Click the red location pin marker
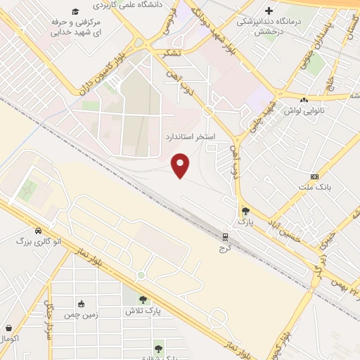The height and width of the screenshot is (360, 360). click(x=181, y=165)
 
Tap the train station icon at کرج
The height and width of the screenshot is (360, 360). click(x=226, y=237)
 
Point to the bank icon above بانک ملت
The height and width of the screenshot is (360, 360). click(x=314, y=176)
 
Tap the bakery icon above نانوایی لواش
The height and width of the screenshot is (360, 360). click(x=304, y=100)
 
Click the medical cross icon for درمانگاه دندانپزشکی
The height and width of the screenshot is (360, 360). click(x=269, y=11)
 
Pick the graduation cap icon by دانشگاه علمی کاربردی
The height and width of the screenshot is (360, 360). click(x=75, y=12)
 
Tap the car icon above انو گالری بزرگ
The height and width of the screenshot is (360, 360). click(x=37, y=230)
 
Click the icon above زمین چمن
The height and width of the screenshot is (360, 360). click(x=81, y=304)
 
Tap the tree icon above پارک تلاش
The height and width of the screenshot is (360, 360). click(x=143, y=299)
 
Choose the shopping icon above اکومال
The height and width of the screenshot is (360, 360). click(x=8, y=328)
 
